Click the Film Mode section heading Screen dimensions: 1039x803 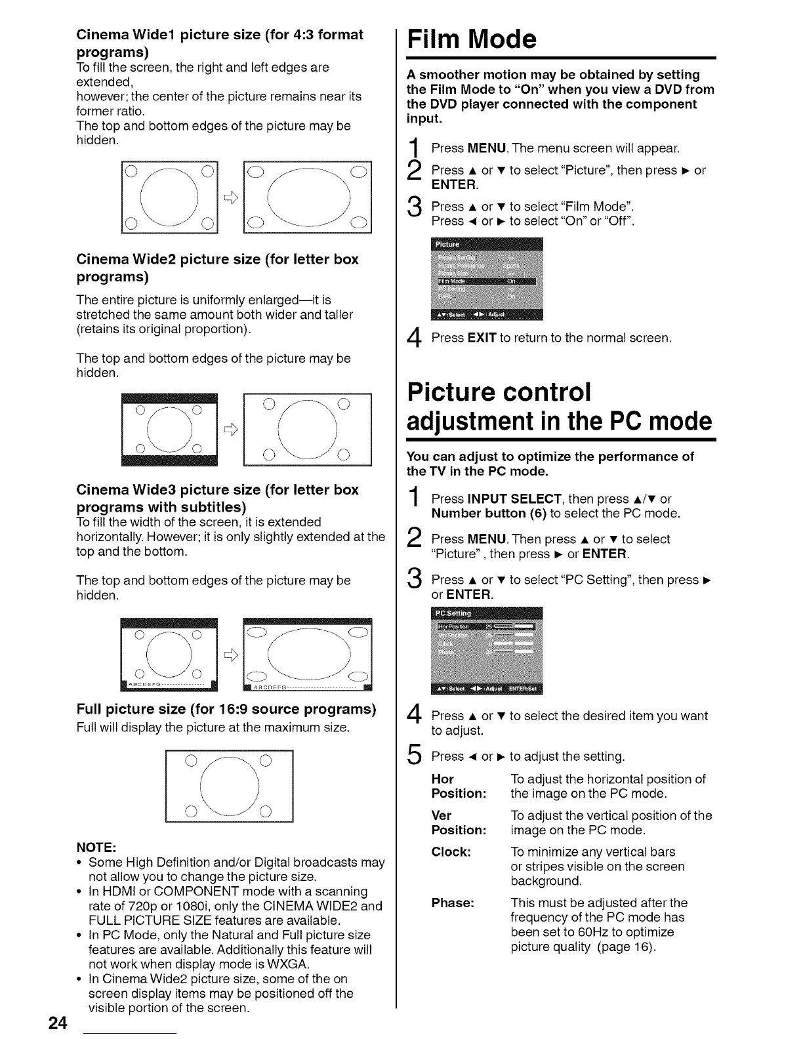[472, 39]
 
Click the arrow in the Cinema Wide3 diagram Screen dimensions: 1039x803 [230, 654]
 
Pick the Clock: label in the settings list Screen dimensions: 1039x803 [451, 852]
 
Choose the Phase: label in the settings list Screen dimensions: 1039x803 [452, 903]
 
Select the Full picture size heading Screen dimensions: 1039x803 [226, 709]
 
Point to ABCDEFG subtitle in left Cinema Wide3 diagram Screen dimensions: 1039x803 [143, 685]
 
